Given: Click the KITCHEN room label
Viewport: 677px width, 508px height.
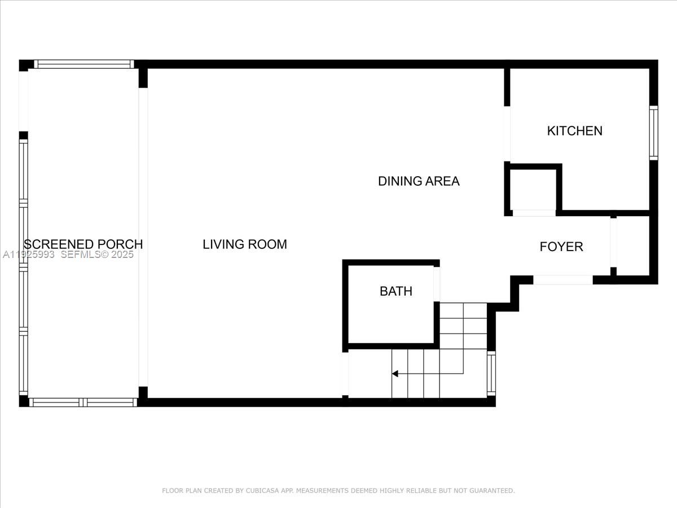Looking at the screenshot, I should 574,131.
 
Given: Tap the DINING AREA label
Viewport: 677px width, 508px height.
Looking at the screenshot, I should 419,181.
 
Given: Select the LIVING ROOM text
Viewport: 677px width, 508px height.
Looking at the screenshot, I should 245,244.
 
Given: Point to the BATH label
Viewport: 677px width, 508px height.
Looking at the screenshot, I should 395,291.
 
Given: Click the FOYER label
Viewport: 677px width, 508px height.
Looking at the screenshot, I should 561,247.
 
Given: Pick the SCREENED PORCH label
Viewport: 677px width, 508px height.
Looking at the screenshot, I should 83,244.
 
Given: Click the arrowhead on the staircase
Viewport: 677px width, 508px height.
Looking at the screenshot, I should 395,374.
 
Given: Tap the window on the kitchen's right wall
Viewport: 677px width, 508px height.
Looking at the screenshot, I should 653,133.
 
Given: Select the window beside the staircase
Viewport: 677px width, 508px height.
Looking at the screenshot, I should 491,373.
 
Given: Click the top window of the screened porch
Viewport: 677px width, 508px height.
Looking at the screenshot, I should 83,64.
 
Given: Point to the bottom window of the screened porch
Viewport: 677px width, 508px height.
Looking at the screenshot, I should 83,402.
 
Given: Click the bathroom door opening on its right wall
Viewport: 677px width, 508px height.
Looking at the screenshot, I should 436,284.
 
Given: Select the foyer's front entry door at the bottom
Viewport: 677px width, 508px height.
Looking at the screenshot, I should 562,280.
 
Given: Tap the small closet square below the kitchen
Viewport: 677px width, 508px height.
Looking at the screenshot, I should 533,190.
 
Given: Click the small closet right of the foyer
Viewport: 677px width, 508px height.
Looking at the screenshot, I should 633,246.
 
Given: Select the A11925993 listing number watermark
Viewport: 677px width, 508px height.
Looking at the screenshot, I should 28,255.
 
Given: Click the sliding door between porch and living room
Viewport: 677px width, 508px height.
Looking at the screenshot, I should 143,237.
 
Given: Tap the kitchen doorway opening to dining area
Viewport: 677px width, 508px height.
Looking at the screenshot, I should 507,134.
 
